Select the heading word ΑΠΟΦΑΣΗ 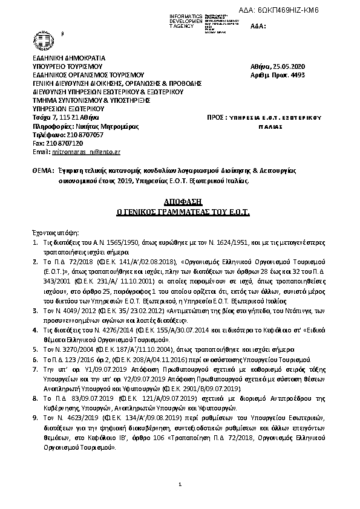point(180,200)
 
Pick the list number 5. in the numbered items point(35,349)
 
